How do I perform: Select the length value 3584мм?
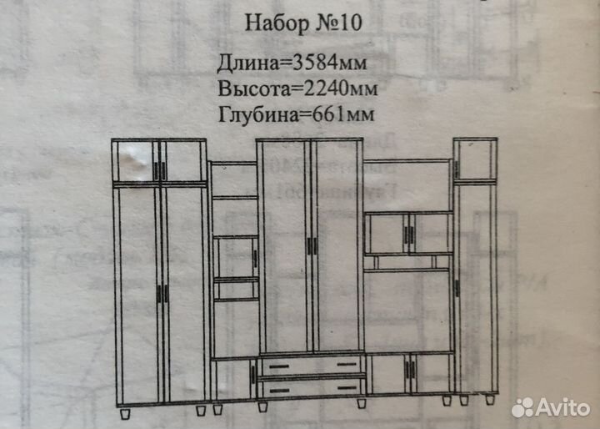click(x=329, y=63)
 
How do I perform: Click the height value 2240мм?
click(x=340, y=88)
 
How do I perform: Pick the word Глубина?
click(x=258, y=114)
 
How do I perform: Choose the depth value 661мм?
click(x=342, y=114)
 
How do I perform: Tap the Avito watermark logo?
click(x=551, y=407)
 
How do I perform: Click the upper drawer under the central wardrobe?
click(x=312, y=365)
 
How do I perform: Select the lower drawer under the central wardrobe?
click(x=312, y=387)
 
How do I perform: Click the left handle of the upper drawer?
click(x=279, y=367)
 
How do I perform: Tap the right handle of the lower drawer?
click(x=347, y=389)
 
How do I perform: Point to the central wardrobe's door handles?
click(x=312, y=246)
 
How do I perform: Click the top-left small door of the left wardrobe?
click(x=135, y=161)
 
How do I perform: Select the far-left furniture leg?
click(x=125, y=414)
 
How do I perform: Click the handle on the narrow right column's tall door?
click(x=457, y=288)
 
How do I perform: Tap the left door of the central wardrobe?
click(x=284, y=246)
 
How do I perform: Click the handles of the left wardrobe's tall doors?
click(x=162, y=293)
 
